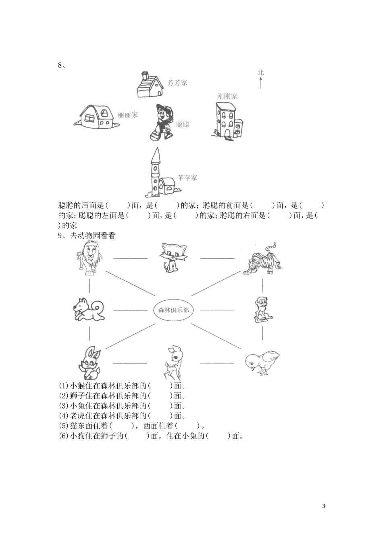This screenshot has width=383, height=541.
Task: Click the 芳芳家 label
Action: click(x=177, y=83)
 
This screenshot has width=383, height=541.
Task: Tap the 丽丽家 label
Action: click(x=128, y=115)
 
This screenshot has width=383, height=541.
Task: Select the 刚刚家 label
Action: click(x=227, y=96)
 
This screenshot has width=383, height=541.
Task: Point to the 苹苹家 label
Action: click(x=187, y=178)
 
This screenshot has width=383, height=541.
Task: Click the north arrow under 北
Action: click(x=261, y=83)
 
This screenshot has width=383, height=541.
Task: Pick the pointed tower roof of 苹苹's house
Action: click(x=155, y=155)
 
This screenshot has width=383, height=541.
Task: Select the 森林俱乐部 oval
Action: click(x=173, y=310)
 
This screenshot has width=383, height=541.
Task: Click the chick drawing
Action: click(x=262, y=362)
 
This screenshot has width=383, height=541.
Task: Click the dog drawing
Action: click(x=89, y=310)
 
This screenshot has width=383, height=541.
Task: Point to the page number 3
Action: click(x=324, y=506)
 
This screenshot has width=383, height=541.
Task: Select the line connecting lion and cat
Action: click(x=130, y=258)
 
